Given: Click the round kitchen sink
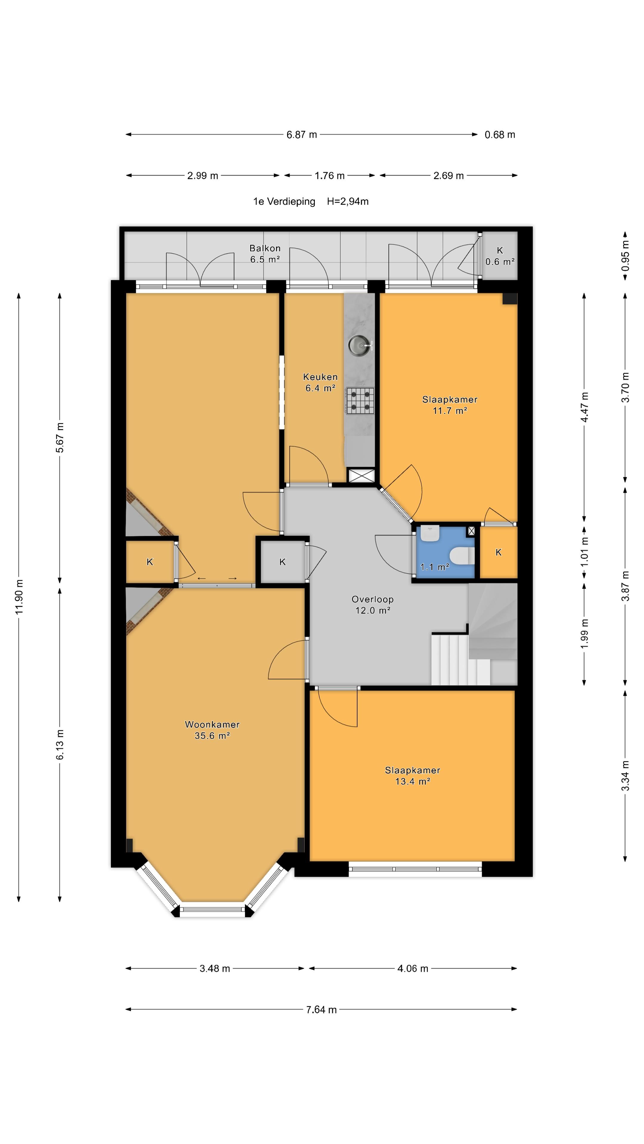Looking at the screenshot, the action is tap(359, 345).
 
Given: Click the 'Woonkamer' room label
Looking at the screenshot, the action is tap(212, 724).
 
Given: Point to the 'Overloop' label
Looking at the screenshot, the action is tap(372, 599).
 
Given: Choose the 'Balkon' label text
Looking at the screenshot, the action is tap(265, 248).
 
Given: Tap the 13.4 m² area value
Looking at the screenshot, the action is tap(412, 781).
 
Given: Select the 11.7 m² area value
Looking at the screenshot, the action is tap(450, 410).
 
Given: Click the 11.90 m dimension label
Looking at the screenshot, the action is tap(19, 597).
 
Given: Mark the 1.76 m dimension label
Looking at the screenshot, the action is tap(329, 175).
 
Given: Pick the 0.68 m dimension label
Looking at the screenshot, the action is tap(500, 135).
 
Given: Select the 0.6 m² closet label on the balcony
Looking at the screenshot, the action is tap(500, 262).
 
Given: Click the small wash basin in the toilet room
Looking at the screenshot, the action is tap(430, 533).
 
